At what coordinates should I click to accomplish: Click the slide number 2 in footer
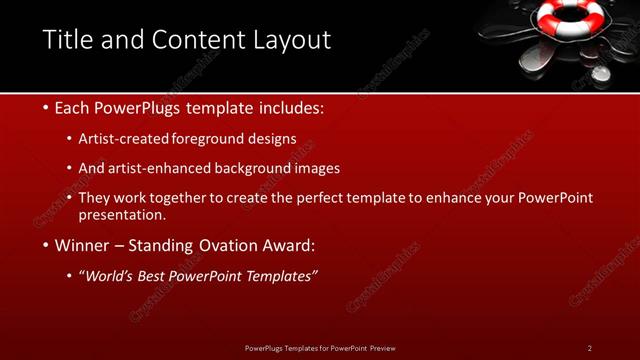click(x=590, y=348)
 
